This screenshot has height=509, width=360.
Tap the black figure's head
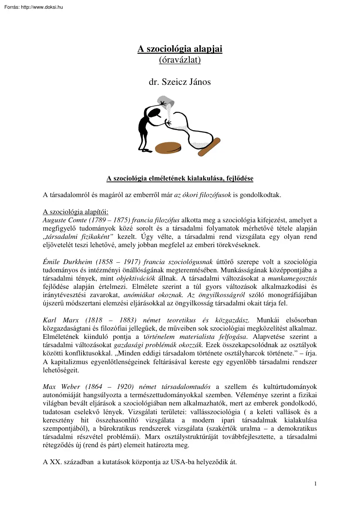pyautogui.click(x=153, y=114)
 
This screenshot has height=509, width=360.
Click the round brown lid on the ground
pyautogui.click(x=168, y=147)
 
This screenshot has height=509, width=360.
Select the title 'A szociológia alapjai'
pyautogui.click(x=180, y=49)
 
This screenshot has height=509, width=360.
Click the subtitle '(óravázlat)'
pyautogui.click(x=180, y=60)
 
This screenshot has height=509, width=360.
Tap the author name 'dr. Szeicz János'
pyautogui.click(x=180, y=81)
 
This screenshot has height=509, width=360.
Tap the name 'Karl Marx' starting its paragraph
pyautogui.click(x=57, y=320)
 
